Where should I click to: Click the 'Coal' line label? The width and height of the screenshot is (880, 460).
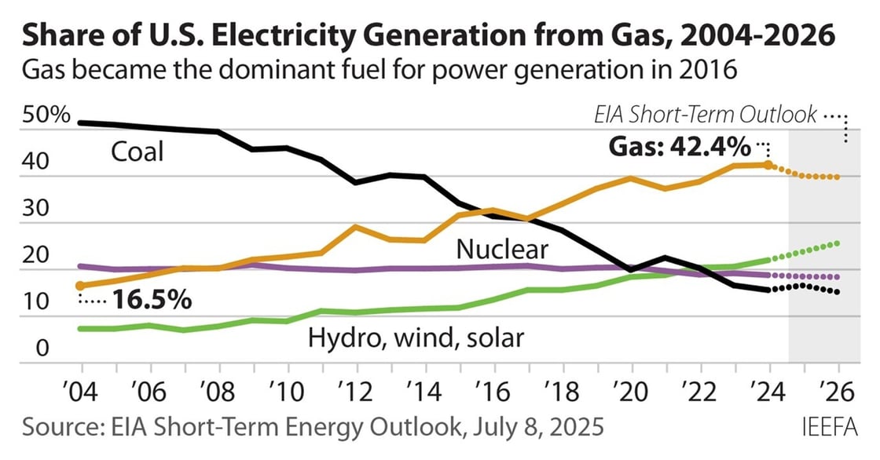[x=137, y=151]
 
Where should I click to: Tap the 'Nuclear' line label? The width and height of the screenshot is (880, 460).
[x=502, y=250]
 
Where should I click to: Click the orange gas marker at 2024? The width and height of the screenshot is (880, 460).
[x=769, y=166]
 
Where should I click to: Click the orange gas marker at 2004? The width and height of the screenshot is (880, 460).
[x=81, y=286]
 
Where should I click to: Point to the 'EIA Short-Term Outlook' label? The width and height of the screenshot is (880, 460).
[x=705, y=115]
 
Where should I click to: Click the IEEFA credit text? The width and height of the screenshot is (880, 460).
[x=830, y=427]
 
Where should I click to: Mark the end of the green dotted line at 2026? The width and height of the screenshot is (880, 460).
[x=838, y=243]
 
